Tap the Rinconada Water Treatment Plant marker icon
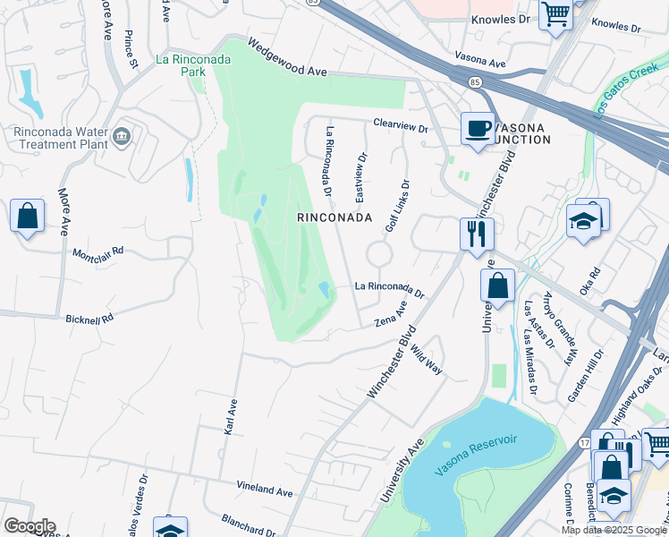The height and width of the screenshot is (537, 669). click(123, 136)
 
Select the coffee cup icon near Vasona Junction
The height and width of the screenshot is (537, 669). click(477, 128)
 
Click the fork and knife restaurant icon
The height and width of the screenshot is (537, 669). click(476, 234)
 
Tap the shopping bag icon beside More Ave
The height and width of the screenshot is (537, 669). click(27, 216)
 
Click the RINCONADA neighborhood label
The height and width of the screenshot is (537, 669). click(334, 217)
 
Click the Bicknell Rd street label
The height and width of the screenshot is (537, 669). click(89, 319)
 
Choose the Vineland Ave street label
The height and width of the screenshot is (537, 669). click(265, 491)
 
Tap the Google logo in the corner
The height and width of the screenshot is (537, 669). click(30, 526)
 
